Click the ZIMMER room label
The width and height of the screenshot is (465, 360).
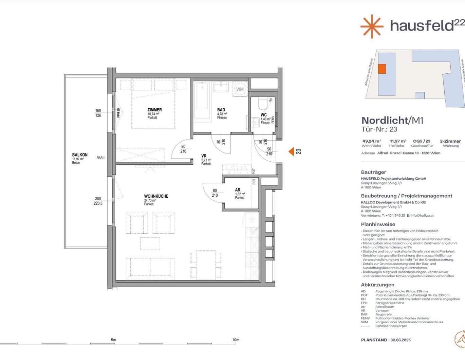point(154,110)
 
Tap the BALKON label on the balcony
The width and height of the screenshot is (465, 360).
point(80,155)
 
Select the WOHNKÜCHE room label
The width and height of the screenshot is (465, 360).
point(156,196)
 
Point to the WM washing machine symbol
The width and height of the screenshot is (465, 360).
point(240,89)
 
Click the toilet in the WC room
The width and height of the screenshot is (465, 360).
point(263,102)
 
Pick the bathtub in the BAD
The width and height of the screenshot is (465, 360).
point(202,100)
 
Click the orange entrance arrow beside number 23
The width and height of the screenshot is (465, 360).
point(291,151)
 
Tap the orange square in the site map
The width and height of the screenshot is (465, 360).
point(382,69)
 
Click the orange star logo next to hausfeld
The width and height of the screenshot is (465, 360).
point(372,26)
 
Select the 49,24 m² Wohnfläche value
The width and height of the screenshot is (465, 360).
point(371,141)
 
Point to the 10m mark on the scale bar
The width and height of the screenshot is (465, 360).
point(236,340)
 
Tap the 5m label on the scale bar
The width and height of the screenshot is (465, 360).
point(113,340)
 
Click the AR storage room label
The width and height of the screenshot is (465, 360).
point(238,190)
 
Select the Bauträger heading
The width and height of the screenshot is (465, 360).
point(373,172)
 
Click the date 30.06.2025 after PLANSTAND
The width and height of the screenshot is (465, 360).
point(401,340)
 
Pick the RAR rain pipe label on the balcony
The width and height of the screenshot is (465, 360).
point(99,158)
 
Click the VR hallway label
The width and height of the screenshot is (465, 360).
point(204,156)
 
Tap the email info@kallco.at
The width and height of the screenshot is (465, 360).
point(422,215)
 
